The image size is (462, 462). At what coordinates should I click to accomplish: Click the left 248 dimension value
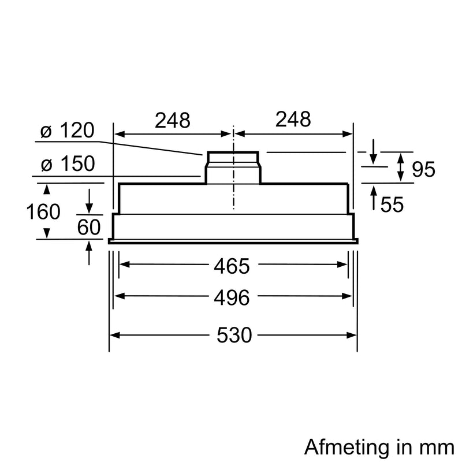tap(172, 120)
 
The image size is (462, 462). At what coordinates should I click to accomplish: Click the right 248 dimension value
tap(293, 120)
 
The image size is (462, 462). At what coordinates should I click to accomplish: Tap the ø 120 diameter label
tap(67, 131)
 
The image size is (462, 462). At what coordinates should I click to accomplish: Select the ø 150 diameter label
tap(68, 165)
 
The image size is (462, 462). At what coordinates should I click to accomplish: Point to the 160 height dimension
tap(43, 212)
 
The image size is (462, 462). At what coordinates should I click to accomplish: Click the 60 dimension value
tap(89, 227)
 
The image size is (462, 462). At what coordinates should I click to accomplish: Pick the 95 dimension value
tap(423, 169)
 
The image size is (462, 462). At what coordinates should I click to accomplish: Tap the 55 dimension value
tap(392, 204)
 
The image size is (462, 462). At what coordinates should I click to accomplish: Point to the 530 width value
tap(234, 335)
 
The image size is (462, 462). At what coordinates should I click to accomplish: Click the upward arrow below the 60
tap(90, 254)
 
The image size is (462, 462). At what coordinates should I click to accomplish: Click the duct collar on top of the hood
tap(233, 167)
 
